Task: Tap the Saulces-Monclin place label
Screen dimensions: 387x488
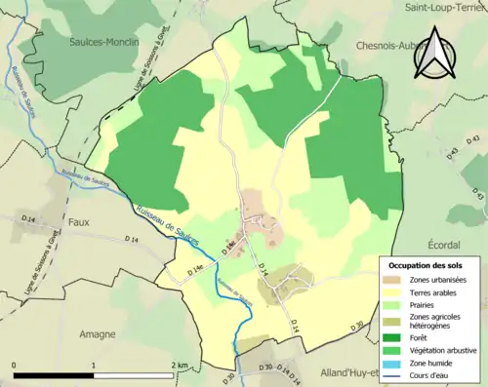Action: click(x=102, y=43)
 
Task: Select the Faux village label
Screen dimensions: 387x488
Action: click(x=78, y=221)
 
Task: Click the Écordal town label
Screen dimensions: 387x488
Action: click(x=454, y=245)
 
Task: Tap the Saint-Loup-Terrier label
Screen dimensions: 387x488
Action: click(x=445, y=6)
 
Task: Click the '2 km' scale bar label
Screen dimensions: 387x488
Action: click(x=179, y=365)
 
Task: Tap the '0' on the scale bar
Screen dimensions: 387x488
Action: click(x=15, y=365)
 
